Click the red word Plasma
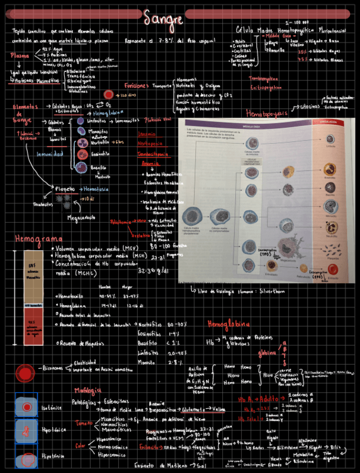(x=20, y=56)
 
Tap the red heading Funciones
(x=135, y=86)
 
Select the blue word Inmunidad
(x=50, y=154)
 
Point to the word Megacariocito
(x=81, y=217)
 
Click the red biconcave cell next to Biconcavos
(x=25, y=370)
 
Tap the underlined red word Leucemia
(x=147, y=134)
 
